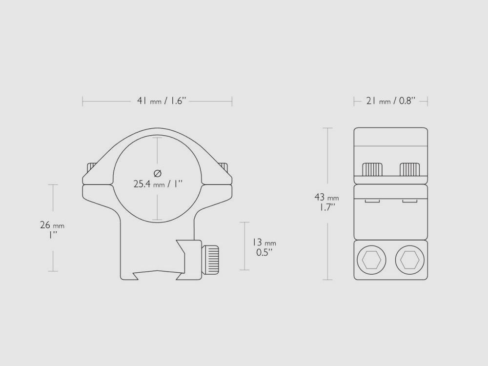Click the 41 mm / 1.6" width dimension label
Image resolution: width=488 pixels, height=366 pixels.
tap(162, 101)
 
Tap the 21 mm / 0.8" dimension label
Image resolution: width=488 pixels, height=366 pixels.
tap(390, 101)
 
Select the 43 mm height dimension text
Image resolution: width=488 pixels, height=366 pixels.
tap(326, 198)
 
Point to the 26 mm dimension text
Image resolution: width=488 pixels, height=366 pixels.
tap(52, 225)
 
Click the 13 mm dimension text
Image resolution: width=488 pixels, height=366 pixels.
tap(264, 243)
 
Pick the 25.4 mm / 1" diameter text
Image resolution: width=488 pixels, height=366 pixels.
tap(157, 184)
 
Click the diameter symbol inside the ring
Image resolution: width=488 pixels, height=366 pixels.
tap(157, 173)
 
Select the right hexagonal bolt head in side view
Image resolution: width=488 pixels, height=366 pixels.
tap(409, 260)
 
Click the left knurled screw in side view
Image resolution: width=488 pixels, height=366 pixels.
tap(372, 169)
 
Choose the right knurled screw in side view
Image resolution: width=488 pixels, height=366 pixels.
tap(410, 169)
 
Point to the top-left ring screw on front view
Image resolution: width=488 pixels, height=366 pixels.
tap(91, 167)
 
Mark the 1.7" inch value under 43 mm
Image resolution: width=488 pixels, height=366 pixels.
tap(326, 207)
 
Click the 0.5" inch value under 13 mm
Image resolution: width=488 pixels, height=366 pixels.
tap(264, 253)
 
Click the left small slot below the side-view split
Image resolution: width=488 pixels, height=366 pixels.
tap(372, 201)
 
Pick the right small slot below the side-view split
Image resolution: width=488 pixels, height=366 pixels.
tap(410, 201)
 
